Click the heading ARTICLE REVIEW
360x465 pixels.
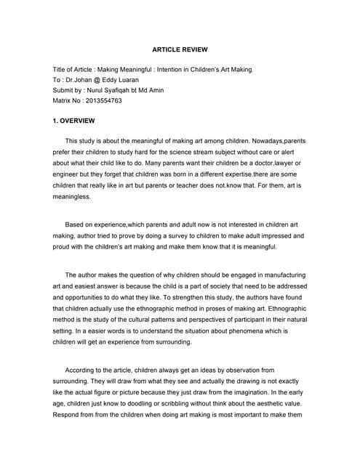click(180, 49)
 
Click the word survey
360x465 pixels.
click(196, 236)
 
